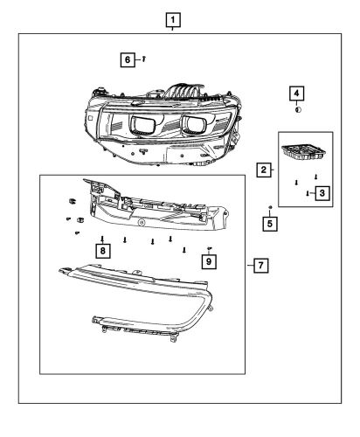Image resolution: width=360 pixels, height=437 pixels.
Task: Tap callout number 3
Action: tap(322, 192)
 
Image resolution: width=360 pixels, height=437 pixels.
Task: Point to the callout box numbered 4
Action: tap(298, 93)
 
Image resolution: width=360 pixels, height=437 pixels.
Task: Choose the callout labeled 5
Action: tap(270, 223)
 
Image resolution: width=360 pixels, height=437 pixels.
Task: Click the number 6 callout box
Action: tap(128, 59)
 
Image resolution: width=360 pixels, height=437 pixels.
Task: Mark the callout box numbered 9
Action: tap(209, 260)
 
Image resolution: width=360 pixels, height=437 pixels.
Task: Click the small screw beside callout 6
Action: tap(143, 59)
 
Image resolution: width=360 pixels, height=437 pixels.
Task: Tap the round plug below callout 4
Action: tap(298, 109)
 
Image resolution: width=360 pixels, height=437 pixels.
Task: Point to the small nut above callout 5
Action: tap(271, 206)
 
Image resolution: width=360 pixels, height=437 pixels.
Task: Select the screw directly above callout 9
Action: tap(210, 248)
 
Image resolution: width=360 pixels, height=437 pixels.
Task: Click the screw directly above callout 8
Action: tap(103, 237)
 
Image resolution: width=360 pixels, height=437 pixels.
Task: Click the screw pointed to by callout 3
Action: tap(308, 194)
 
